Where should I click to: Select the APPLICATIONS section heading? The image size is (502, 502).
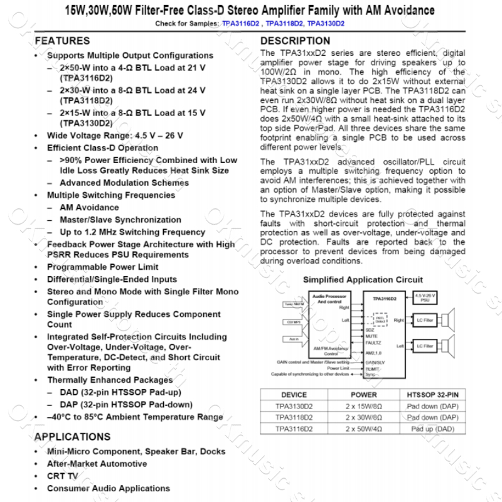coord(72,437)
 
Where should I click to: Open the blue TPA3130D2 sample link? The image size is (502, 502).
coord(326,23)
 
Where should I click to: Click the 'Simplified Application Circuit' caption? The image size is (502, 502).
coord(363,280)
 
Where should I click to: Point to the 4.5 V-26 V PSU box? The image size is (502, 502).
coord(425,297)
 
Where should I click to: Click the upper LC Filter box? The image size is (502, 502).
coord(425,321)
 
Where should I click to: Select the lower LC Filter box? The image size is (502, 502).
coord(425,346)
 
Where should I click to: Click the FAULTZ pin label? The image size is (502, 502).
coord(373,343)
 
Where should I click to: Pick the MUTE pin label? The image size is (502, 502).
coord(371,336)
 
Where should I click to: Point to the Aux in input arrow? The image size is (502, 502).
coord(294,339)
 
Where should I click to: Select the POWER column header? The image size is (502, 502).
coord(363,395)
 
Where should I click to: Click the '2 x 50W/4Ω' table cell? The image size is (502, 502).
coord(363,429)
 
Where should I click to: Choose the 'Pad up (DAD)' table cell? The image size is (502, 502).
coord(432,429)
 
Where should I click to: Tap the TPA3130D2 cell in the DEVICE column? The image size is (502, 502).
coord(294,406)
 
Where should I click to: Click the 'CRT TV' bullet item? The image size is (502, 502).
coord(63,476)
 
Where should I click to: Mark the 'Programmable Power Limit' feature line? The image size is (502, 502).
coord(103,267)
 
